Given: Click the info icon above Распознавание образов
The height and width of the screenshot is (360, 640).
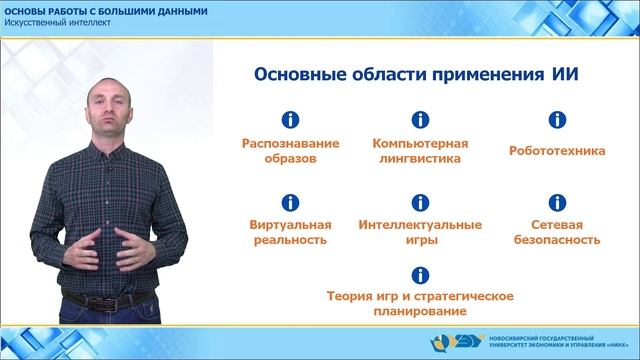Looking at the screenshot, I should tap(291, 120).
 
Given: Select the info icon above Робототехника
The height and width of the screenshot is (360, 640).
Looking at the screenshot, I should tap(556, 120).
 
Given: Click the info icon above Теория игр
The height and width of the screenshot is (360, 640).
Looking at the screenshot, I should tap(421, 274).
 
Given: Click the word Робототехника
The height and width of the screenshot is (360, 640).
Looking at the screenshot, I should tap(556, 152).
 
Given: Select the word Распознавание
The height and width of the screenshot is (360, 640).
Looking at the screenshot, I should tap(291, 143).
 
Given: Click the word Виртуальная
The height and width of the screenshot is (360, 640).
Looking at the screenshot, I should tap(290, 224).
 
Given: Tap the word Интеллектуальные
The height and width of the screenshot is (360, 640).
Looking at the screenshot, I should tap(421, 224).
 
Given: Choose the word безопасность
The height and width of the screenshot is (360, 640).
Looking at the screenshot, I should tap(556, 240).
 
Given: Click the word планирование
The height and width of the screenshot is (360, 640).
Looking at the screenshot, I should tap(421, 312).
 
